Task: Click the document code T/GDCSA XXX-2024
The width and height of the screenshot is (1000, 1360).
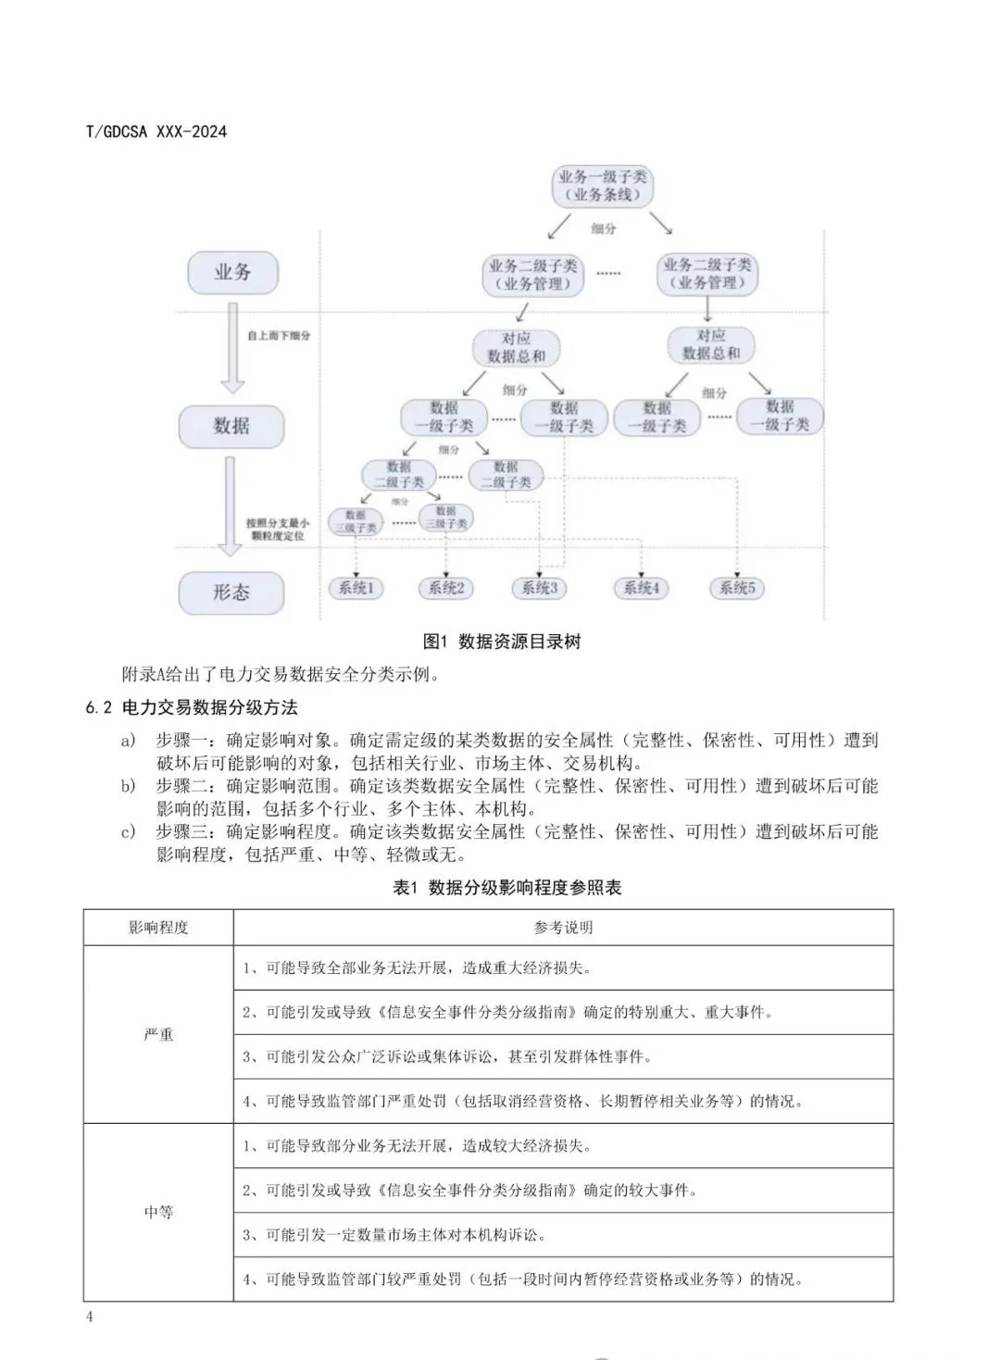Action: click(x=156, y=131)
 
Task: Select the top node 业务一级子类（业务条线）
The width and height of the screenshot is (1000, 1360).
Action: click(x=602, y=185)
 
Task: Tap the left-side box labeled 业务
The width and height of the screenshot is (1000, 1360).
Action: click(x=232, y=272)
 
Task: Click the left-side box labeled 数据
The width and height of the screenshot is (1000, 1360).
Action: click(x=231, y=426)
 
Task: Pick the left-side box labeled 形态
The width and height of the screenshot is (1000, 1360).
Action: click(x=231, y=593)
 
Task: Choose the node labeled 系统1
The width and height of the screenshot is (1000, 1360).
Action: click(x=356, y=588)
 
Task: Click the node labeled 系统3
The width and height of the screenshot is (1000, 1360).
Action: click(x=540, y=588)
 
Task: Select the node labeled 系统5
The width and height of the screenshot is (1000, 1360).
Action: click(x=737, y=588)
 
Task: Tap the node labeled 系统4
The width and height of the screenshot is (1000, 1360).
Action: click(x=641, y=588)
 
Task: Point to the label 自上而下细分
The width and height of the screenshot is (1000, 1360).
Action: click(x=279, y=335)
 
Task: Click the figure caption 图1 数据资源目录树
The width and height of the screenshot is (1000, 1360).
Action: click(x=501, y=642)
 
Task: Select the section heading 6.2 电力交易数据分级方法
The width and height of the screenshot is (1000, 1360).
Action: click(x=192, y=707)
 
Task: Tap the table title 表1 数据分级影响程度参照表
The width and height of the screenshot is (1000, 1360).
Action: click(x=506, y=887)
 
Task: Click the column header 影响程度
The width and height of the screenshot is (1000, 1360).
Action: click(x=158, y=928)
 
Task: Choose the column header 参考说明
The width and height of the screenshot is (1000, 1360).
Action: click(x=563, y=928)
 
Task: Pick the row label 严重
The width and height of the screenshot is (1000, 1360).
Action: click(x=158, y=1034)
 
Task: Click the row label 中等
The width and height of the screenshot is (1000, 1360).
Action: click(x=158, y=1212)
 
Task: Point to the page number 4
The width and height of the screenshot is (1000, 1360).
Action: click(x=89, y=1317)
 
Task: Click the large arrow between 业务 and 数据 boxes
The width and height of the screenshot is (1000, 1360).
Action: click(x=231, y=354)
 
